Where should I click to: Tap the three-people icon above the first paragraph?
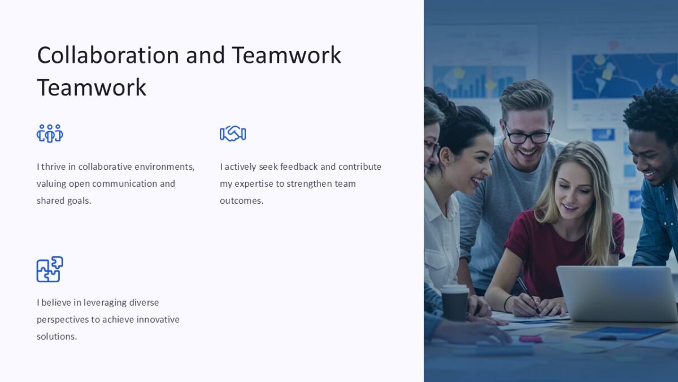(50, 134)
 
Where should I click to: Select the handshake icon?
(233, 134)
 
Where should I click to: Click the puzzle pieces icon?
(50, 269)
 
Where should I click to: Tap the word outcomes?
(241, 200)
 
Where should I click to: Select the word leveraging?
(105, 302)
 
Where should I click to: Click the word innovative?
(154, 319)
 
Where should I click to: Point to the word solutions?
(56, 336)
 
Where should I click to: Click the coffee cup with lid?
(455, 302)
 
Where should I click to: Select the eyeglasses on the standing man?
(527, 136)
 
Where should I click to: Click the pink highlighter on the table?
(531, 339)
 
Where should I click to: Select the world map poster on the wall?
(621, 76)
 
